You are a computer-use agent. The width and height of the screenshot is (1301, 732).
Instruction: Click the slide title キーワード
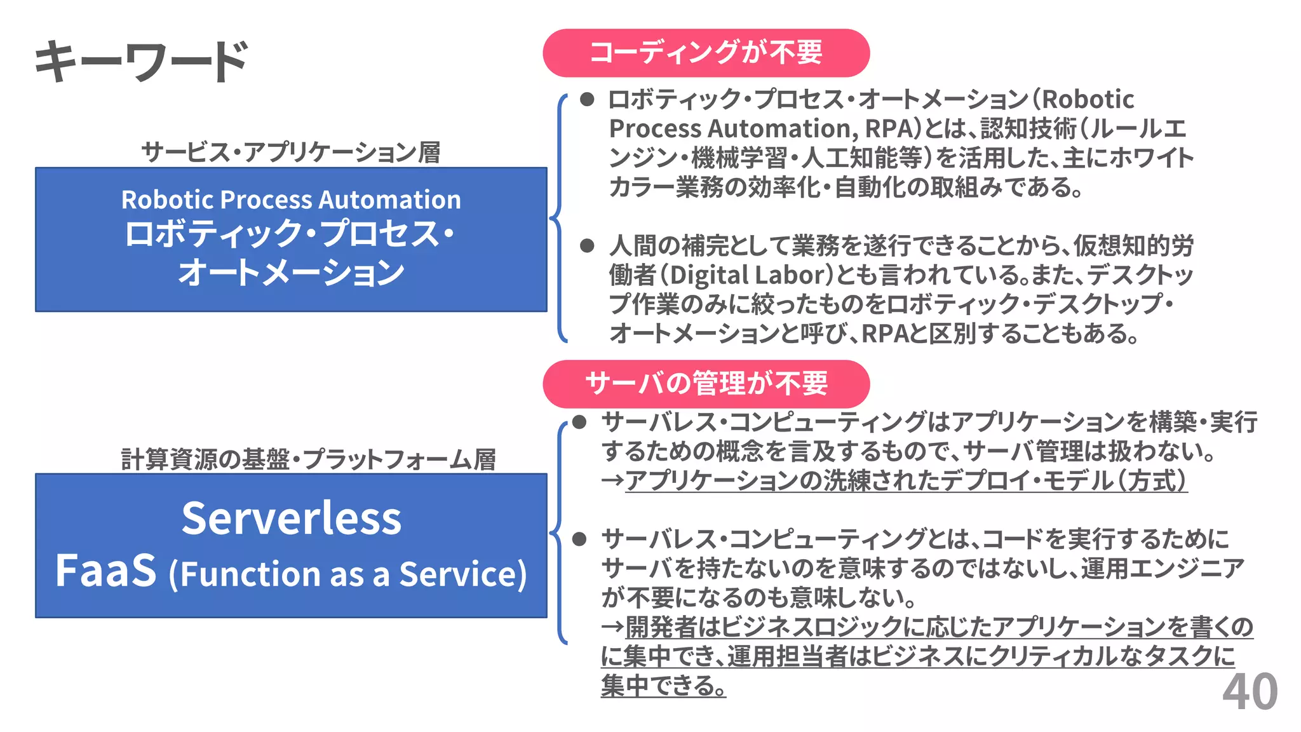141,61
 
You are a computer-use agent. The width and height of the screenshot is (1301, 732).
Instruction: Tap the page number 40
1250,692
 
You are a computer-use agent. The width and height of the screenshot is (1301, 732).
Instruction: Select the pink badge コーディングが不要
706,53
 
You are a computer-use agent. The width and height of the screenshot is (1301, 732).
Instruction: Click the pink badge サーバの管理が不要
706,384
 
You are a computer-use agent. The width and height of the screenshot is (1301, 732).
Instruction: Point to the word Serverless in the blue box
292,518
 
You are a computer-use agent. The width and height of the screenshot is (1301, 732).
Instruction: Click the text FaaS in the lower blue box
106,571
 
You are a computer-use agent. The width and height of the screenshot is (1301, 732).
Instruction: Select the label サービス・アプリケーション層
291,152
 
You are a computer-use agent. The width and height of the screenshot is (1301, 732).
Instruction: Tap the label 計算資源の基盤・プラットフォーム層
308,459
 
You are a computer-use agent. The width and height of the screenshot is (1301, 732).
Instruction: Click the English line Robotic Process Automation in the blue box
291,200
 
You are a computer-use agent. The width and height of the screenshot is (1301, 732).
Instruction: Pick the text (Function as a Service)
347,574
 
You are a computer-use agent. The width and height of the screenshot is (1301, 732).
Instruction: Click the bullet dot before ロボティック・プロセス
587,99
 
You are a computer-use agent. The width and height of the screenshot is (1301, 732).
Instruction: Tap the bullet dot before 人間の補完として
587,246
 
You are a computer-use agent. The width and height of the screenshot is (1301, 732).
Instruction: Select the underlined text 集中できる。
663,686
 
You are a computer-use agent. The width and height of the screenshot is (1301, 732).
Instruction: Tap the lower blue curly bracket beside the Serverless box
558,532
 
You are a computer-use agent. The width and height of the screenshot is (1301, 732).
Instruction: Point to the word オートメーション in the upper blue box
291,273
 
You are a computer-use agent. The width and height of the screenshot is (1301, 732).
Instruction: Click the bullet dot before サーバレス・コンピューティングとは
579,539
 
